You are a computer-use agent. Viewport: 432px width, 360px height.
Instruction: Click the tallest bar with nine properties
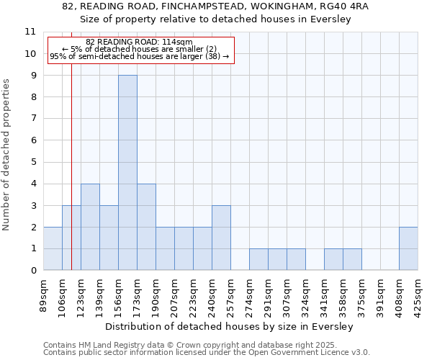pyautogui.click(x=127, y=173)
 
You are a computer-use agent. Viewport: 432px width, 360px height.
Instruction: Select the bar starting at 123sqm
pyautogui.click(x=90, y=227)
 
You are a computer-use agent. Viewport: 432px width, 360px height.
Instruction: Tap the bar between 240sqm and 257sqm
pyautogui.click(x=221, y=238)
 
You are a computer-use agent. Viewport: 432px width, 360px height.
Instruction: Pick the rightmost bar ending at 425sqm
pyautogui.click(x=408, y=248)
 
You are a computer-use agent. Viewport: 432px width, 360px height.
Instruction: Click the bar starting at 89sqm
pyautogui.click(x=53, y=248)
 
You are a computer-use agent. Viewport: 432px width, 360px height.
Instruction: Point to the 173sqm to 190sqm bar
pyautogui.click(x=146, y=227)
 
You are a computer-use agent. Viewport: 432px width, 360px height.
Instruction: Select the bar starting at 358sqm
pyautogui.click(x=352, y=259)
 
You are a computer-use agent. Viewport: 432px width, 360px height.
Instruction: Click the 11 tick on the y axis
pyautogui.click(x=30, y=32)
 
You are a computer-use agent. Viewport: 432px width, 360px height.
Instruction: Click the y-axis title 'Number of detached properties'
pyautogui.click(x=7, y=155)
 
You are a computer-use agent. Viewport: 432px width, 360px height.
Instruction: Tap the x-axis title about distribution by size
pyautogui.click(x=230, y=327)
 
